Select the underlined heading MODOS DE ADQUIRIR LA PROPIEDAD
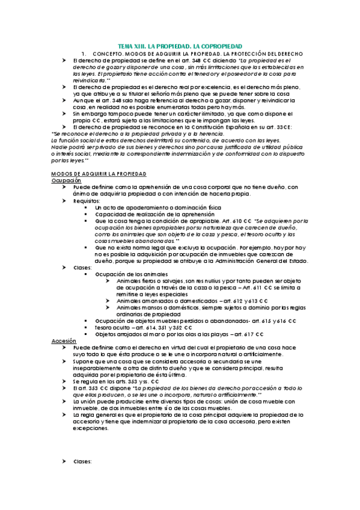point(99,174)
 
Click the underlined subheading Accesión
point(64,341)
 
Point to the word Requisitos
point(87,201)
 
